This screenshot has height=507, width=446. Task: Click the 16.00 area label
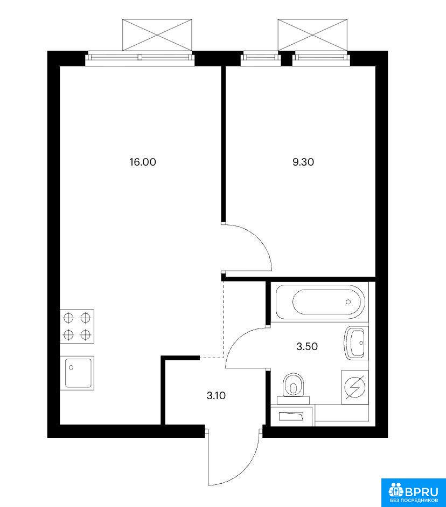(142, 162)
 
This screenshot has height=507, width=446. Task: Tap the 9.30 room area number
(303, 162)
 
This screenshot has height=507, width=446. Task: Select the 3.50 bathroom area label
(307, 346)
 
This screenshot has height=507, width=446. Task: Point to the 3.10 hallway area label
(216, 395)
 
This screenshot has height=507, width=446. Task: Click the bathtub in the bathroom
(320, 302)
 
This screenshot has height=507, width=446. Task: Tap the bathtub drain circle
(348, 302)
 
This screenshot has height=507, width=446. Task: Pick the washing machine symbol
(355, 387)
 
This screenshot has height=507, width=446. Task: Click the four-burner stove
(77, 326)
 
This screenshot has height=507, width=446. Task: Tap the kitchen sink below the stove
(77, 373)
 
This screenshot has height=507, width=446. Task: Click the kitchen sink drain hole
(71, 368)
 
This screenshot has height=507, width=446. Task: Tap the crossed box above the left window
(157, 35)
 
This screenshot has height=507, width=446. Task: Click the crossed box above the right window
(313, 35)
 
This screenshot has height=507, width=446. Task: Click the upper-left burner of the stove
(68, 318)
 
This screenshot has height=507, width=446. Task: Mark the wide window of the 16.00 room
(140, 58)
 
